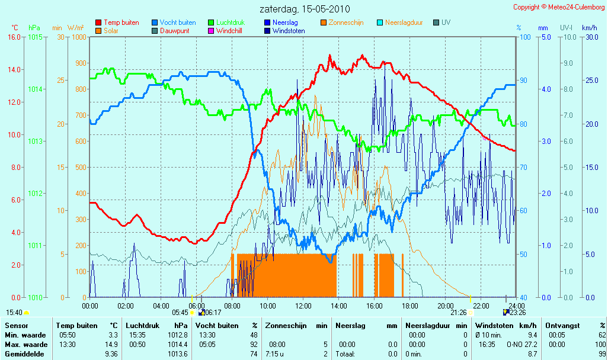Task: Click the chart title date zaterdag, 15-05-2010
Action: (x=305, y=8)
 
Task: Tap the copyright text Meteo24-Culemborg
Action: (x=576, y=7)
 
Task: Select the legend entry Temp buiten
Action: (x=117, y=22)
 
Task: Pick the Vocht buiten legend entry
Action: (x=174, y=22)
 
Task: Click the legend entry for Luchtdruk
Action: (x=226, y=22)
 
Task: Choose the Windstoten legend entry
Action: (x=284, y=31)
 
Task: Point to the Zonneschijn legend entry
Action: (x=342, y=22)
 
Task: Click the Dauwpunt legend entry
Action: (x=171, y=31)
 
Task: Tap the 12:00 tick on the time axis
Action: (x=303, y=306)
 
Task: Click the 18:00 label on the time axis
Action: (x=410, y=306)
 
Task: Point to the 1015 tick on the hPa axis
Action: (x=36, y=37)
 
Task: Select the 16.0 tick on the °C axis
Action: (x=14, y=37)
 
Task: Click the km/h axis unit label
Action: (x=590, y=28)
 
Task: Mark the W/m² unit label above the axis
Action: (x=76, y=28)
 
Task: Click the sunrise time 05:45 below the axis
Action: (x=180, y=313)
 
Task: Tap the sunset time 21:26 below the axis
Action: (x=458, y=313)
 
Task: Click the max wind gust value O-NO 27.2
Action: (x=521, y=345)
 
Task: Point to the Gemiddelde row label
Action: (x=24, y=354)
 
